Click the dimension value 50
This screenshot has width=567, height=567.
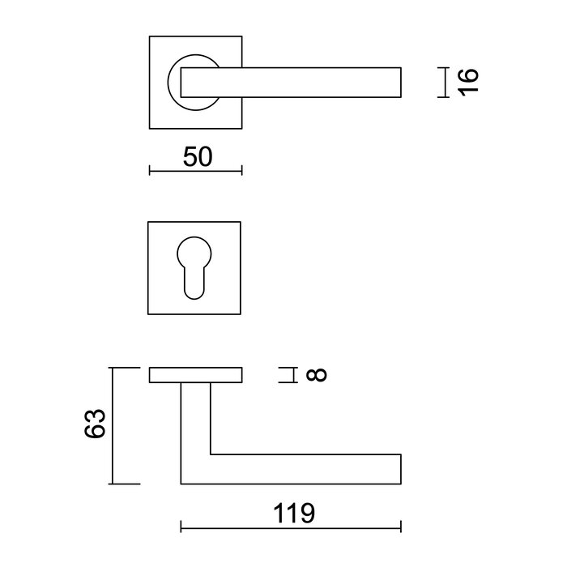(197, 157)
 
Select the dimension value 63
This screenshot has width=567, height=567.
(95, 424)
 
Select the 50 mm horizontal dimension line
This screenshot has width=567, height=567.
(197, 170)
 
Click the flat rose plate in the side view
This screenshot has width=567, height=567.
(197, 374)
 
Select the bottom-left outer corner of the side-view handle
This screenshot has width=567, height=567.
(181, 484)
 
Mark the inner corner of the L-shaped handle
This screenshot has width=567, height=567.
(211, 454)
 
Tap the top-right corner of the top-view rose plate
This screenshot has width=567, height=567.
(242, 36)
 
